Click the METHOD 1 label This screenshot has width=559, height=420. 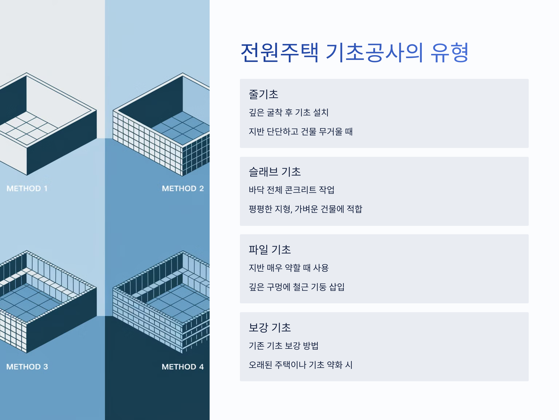click(x=27, y=188)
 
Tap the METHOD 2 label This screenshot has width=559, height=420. click(x=183, y=188)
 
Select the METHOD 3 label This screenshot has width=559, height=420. click(x=27, y=367)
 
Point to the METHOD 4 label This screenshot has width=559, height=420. click(x=183, y=367)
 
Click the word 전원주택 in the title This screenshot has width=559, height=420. click(x=279, y=53)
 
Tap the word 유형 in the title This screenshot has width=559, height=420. click(x=450, y=53)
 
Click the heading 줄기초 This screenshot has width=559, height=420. click(x=263, y=94)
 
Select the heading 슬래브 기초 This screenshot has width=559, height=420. click(x=275, y=172)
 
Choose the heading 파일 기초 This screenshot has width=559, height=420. click(x=270, y=250)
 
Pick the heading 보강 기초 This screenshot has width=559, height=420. click(x=270, y=327)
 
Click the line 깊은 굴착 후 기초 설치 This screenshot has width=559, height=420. click(x=289, y=112)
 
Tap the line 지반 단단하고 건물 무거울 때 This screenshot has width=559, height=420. click(x=300, y=132)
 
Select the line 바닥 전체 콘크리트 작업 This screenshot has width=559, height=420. click(x=291, y=190)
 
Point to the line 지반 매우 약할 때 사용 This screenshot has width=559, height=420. click(x=289, y=268)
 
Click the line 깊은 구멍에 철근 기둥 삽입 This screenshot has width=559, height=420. click(x=297, y=287)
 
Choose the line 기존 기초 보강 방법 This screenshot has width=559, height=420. click(x=283, y=346)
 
